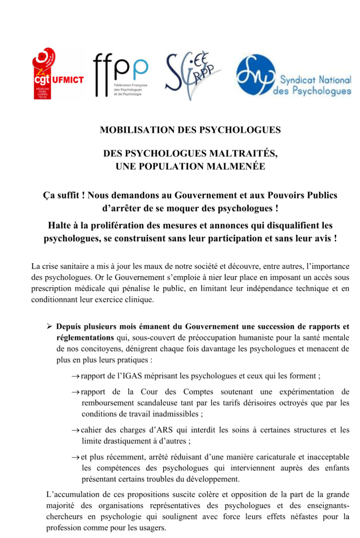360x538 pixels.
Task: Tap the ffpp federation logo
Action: tap(120, 75)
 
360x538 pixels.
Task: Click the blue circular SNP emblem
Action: tap(255, 76)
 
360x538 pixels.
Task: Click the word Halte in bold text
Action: tap(60, 225)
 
